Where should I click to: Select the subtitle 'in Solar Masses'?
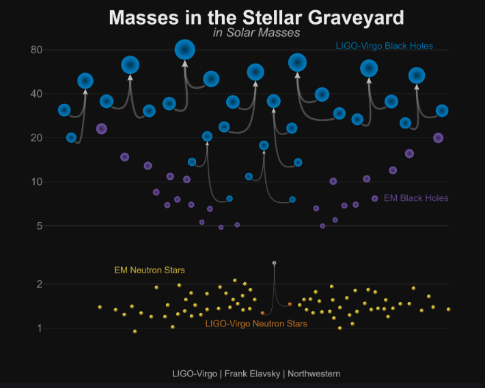(x=256, y=32)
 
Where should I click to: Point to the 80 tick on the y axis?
(x=36, y=50)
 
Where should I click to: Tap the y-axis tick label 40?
(x=36, y=94)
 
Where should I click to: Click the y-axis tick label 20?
(x=36, y=138)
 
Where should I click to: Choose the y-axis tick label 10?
(x=36, y=182)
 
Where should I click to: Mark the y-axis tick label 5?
(x=40, y=225)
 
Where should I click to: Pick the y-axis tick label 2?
(x=40, y=284)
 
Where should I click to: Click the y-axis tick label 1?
(x=40, y=329)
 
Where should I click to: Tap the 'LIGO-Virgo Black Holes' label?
(x=384, y=46)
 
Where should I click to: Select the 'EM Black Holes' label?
(x=416, y=198)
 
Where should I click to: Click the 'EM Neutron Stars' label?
(x=149, y=271)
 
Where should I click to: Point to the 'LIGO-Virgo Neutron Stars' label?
(x=256, y=323)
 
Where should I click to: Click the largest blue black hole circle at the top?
(x=184, y=49)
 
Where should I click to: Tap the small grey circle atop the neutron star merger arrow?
(x=274, y=263)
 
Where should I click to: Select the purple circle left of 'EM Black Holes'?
(x=374, y=198)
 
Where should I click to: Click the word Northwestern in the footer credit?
(x=314, y=374)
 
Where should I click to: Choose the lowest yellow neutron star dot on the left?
(x=135, y=331)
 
